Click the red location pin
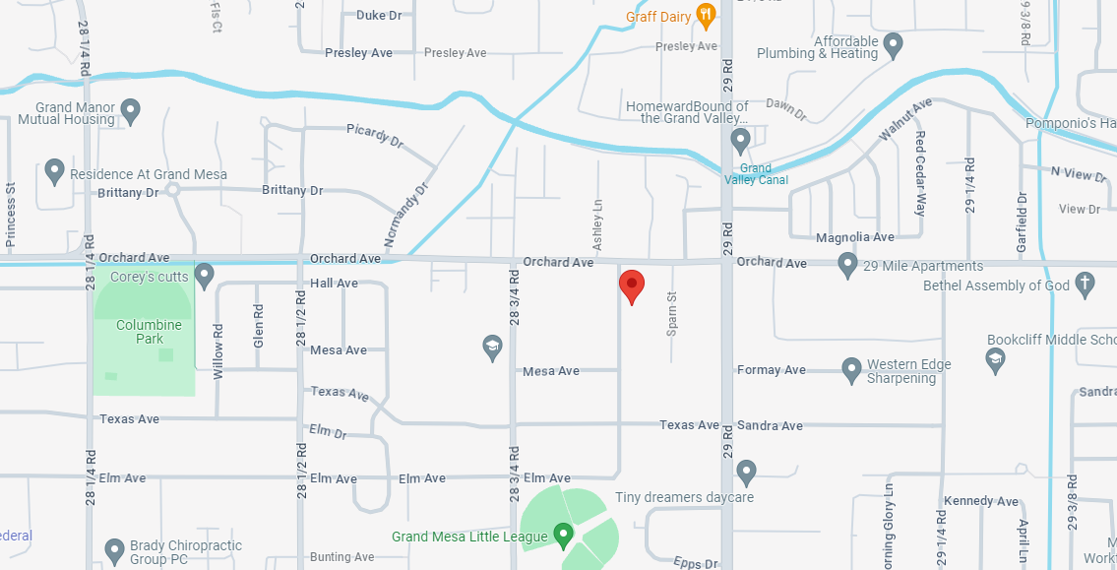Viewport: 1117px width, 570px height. (x=631, y=285)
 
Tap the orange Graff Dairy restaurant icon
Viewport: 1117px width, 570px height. (x=705, y=15)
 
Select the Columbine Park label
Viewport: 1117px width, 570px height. (x=149, y=332)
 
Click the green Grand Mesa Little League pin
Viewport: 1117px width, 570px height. (x=564, y=536)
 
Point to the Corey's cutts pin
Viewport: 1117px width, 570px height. (x=205, y=276)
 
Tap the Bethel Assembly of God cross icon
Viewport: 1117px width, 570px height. (x=1085, y=285)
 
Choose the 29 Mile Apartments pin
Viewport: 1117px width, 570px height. (x=847, y=264)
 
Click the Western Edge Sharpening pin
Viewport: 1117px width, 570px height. (x=852, y=370)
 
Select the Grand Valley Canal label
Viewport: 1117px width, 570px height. (x=756, y=174)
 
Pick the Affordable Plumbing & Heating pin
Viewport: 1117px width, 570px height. (x=894, y=45)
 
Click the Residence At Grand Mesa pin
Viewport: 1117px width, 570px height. (x=55, y=172)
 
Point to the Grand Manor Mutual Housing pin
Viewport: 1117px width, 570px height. (x=131, y=110)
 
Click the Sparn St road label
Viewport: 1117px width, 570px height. (x=672, y=313)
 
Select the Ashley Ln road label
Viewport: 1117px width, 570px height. (x=596, y=224)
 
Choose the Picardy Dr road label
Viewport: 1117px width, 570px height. (x=375, y=137)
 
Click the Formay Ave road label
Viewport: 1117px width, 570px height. (x=772, y=370)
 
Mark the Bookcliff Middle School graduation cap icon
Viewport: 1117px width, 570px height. (x=995, y=359)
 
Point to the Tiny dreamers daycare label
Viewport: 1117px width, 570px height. (x=684, y=497)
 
